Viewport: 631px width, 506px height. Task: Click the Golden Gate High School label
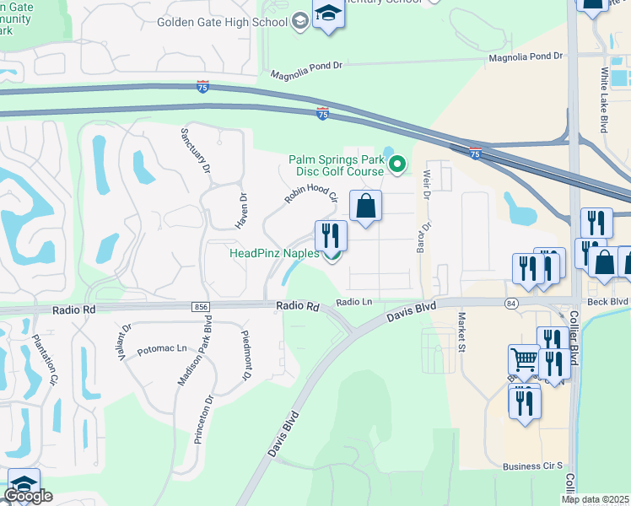click(223, 22)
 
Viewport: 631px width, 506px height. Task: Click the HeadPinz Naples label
click(274, 253)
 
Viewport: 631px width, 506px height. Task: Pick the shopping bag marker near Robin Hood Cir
click(365, 207)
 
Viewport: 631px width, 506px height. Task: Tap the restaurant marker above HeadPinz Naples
click(331, 236)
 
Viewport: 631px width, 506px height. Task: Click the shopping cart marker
click(524, 362)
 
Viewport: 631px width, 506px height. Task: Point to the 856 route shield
click(200, 308)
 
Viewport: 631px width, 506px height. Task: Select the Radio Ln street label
click(354, 302)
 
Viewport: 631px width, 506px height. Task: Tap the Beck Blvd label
click(607, 301)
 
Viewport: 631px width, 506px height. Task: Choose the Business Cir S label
click(532, 466)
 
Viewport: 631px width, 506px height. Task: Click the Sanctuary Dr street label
click(196, 153)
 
